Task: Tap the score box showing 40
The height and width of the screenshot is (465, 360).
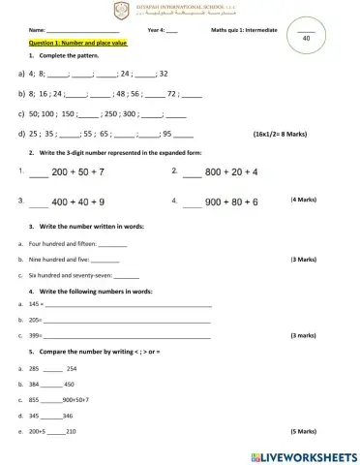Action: point(306,37)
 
